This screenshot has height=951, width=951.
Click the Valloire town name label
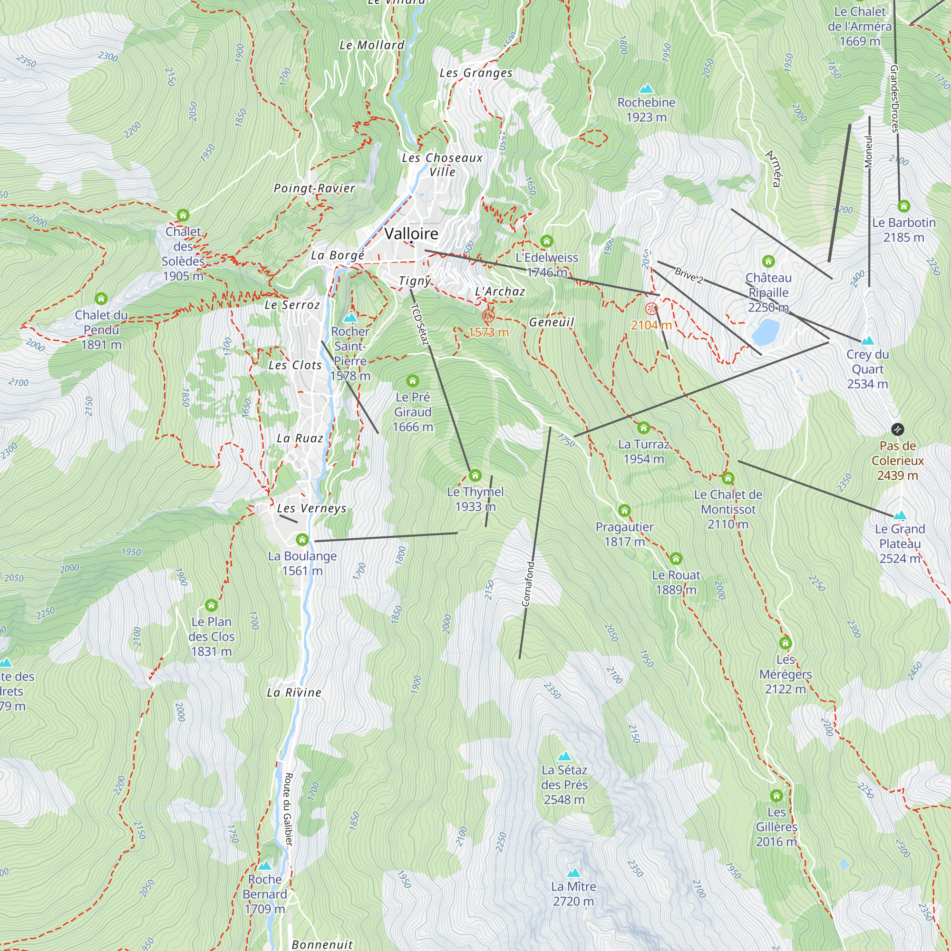click(411, 233)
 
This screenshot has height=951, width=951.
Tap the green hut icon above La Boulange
click(302, 540)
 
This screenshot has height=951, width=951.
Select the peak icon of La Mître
click(573, 873)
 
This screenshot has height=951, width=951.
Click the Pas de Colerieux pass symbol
click(897, 429)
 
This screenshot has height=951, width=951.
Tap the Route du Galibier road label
click(289, 809)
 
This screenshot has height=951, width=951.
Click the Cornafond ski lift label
click(527, 584)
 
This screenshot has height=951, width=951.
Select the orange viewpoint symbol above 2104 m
click(651, 309)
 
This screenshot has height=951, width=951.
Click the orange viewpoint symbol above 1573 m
click(488, 316)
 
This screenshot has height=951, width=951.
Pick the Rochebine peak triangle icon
click(646, 88)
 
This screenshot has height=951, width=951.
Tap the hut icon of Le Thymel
click(475, 475)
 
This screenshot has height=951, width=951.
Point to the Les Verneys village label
click(311, 508)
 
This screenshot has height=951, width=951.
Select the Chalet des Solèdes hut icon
click(183, 215)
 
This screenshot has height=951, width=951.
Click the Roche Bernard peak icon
click(265, 865)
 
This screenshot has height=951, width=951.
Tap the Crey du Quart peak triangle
click(867, 340)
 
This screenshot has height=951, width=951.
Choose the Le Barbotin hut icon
click(903, 206)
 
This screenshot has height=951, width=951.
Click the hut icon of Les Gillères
click(776, 796)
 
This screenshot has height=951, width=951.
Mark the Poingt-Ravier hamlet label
click(314, 188)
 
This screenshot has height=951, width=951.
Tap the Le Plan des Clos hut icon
click(211, 605)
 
